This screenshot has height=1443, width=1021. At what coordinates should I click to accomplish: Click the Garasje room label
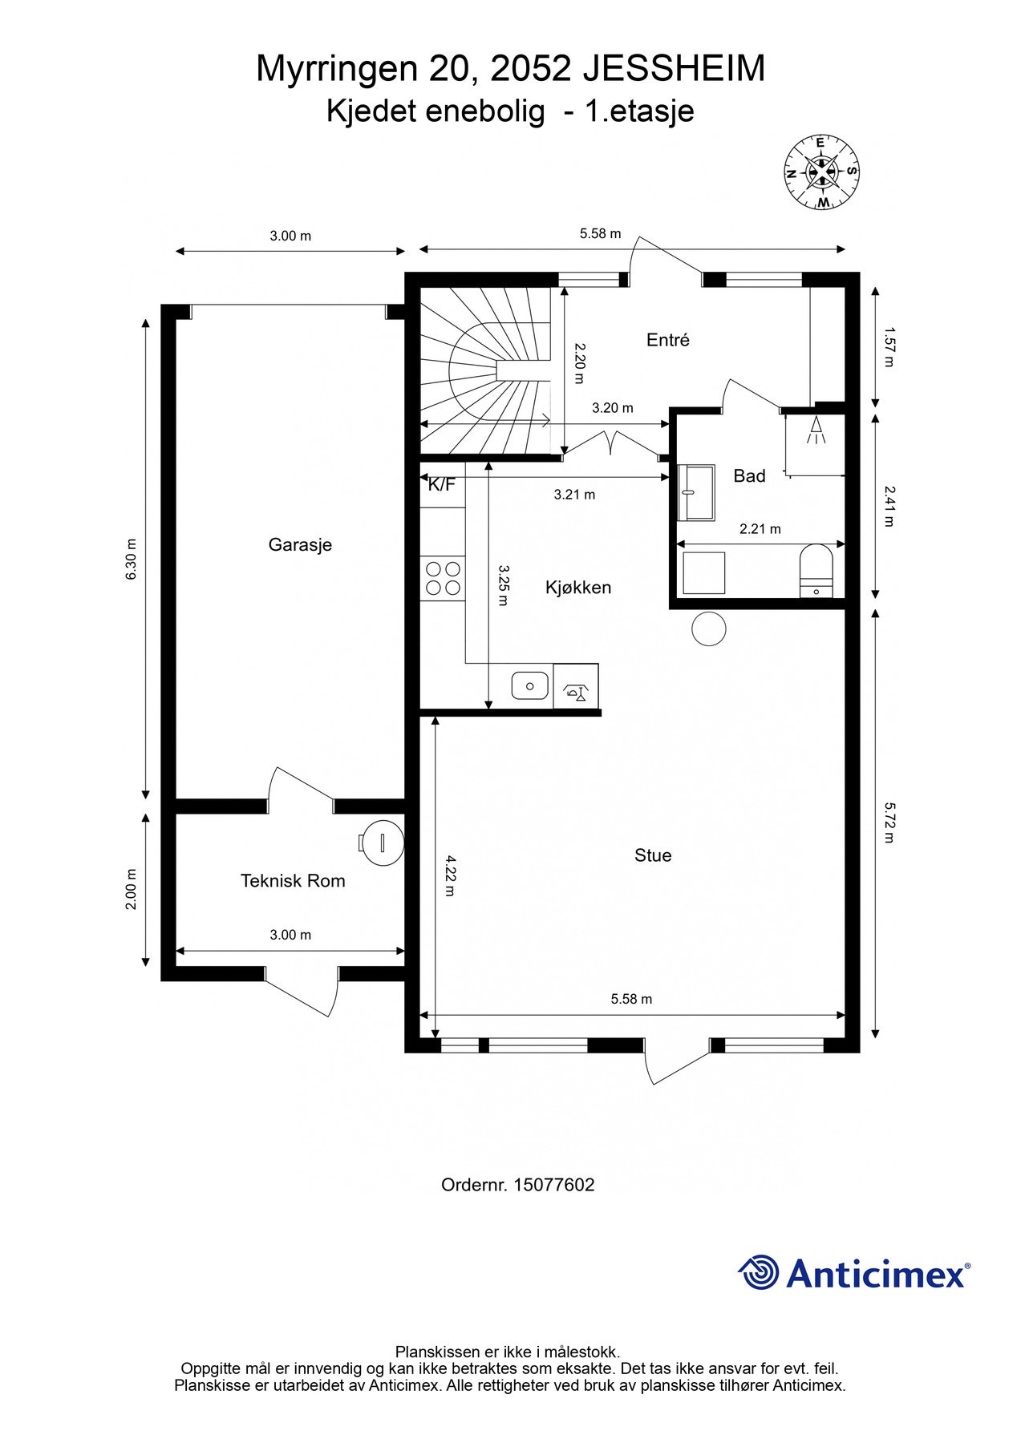(x=300, y=545)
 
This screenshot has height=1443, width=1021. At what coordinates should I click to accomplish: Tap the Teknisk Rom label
(x=293, y=881)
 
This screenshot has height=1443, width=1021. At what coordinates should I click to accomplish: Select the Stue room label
(x=653, y=855)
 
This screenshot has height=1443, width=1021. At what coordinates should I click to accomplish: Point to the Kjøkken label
(x=578, y=588)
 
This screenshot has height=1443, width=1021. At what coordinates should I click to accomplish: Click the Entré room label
(x=668, y=340)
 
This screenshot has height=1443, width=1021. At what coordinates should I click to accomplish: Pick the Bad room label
(x=750, y=476)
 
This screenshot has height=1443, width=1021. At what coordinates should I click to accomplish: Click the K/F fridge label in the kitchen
(x=441, y=484)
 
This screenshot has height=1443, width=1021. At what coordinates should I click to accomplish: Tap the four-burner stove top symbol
(x=443, y=578)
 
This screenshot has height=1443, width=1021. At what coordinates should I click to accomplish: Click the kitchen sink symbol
(x=530, y=686)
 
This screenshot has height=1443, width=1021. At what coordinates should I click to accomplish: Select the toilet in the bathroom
(x=817, y=571)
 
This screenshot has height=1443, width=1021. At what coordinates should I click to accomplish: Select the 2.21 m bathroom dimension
(x=760, y=529)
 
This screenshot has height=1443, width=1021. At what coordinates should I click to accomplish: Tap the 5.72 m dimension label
(x=888, y=823)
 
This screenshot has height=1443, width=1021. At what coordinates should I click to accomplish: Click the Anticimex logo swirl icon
(x=759, y=1273)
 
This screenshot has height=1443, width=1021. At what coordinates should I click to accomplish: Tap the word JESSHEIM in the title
(x=673, y=69)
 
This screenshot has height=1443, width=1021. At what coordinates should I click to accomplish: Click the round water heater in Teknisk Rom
(x=382, y=843)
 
